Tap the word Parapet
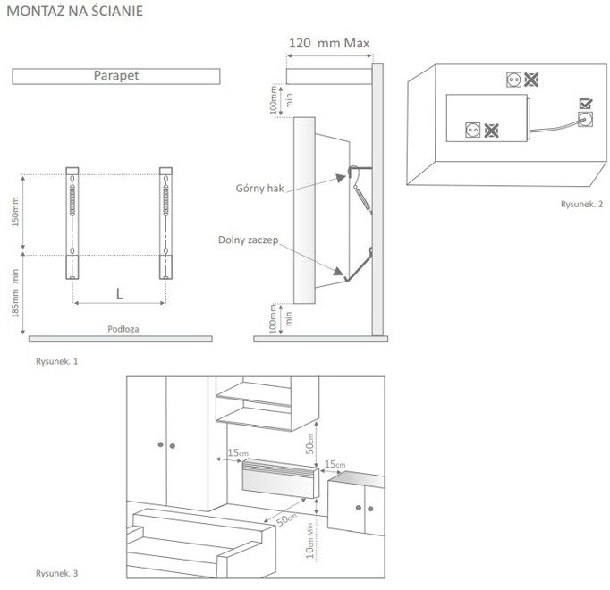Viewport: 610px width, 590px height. point(115,77)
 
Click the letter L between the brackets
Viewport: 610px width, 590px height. point(118,291)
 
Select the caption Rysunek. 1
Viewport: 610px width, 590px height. point(57,363)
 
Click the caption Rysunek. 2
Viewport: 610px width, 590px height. point(581,205)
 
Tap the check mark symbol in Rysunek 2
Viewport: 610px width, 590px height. point(585,103)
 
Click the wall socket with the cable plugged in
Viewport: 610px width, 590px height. point(587,118)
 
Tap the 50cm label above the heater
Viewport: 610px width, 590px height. point(311,443)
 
